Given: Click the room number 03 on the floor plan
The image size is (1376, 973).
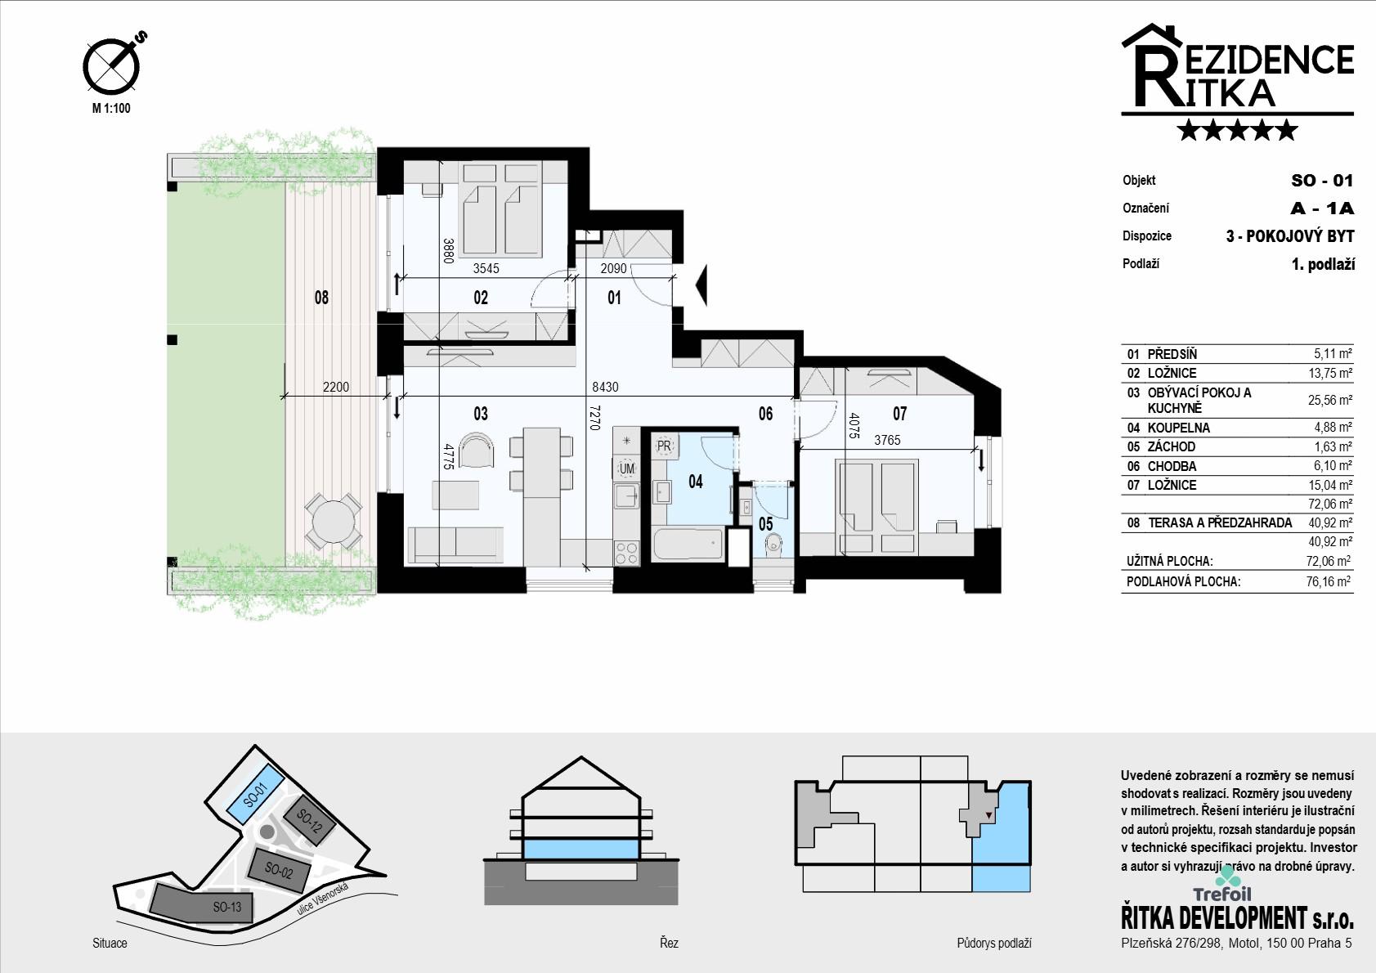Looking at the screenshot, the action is click(481, 414).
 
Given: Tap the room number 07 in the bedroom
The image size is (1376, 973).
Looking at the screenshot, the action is click(900, 414).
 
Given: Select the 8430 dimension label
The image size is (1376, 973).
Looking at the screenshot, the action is click(605, 387).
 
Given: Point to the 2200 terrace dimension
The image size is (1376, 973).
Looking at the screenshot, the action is click(336, 387).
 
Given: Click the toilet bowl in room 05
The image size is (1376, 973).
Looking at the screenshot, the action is click(773, 545).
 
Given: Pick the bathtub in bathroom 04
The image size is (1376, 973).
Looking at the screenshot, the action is click(688, 544).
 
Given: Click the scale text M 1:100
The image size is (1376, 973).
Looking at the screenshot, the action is click(111, 108).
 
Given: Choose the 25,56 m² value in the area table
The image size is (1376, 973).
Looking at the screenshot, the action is click(1330, 400).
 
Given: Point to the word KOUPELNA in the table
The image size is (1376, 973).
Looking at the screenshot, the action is click(1178, 428).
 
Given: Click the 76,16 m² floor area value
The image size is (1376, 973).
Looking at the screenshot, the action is click(1329, 581).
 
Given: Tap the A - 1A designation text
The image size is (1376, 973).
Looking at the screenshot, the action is click(1322, 208).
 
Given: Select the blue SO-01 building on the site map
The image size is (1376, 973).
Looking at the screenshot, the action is click(256, 796).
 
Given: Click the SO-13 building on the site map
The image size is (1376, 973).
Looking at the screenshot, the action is click(201, 903).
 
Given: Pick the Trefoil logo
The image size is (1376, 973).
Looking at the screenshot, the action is click(1221, 886).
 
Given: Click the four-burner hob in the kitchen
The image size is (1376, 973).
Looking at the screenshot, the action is click(626, 553).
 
